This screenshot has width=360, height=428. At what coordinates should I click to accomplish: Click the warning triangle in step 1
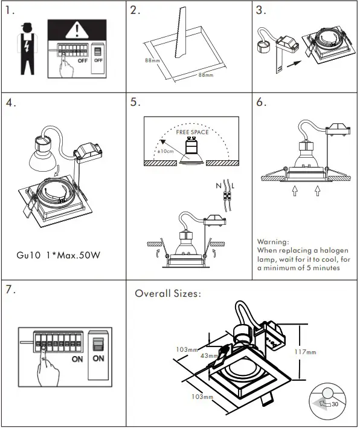coord(77,31)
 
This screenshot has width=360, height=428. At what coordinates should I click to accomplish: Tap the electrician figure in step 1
coord(27,49)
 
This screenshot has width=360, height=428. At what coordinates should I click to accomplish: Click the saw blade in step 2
coord(181,33)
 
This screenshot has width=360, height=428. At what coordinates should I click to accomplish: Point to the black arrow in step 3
coord(294,64)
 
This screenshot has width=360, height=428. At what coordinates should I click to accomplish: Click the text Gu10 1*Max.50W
coord(59,255)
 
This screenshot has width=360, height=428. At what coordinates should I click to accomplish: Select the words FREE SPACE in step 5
coord(192,132)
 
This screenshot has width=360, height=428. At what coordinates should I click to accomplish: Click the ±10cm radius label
coord(166,151)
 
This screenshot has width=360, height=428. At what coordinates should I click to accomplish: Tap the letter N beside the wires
coord(219,186)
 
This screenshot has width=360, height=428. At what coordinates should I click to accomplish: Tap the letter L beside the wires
coord(233,186)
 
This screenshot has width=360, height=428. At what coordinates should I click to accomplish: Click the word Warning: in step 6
coord(273,242)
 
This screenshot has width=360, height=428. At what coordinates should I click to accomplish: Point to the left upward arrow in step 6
coord(295,191)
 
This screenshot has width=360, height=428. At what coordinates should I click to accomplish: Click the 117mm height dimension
coord(305,352)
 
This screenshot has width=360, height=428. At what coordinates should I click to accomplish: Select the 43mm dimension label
coord(209,355)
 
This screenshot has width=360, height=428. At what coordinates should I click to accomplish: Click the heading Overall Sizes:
coord(168,293)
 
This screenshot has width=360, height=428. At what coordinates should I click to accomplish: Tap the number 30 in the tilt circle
coord(335,404)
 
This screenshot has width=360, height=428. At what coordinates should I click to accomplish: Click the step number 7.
coord(10,290)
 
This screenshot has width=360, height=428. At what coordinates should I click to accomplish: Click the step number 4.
coord(11,103)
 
